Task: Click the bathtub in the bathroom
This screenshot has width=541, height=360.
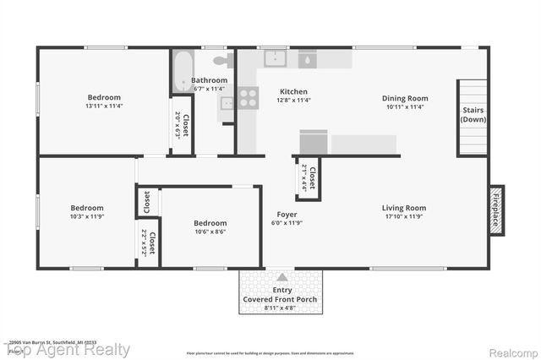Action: click(x=183, y=74)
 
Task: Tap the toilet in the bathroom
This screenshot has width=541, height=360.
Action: click(x=222, y=60)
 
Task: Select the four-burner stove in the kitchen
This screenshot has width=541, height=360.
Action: click(x=248, y=98)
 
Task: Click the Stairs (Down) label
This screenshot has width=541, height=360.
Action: click(x=473, y=115)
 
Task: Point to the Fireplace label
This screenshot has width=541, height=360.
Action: click(x=496, y=208)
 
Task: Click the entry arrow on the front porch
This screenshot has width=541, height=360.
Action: click(x=281, y=277)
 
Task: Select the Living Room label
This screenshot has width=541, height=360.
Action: click(x=404, y=208)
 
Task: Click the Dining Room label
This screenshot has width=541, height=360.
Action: click(x=405, y=97)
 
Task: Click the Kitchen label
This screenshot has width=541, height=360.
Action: click(x=293, y=91)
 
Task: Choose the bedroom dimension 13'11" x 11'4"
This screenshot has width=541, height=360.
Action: click(x=103, y=106)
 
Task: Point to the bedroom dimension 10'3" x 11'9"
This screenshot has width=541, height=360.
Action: click(x=86, y=217)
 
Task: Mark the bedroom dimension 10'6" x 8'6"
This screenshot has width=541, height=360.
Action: click(x=210, y=232)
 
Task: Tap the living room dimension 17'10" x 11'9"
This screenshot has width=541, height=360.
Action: click(x=404, y=217)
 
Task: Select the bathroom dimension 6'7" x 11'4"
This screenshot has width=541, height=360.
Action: click(x=210, y=88)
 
